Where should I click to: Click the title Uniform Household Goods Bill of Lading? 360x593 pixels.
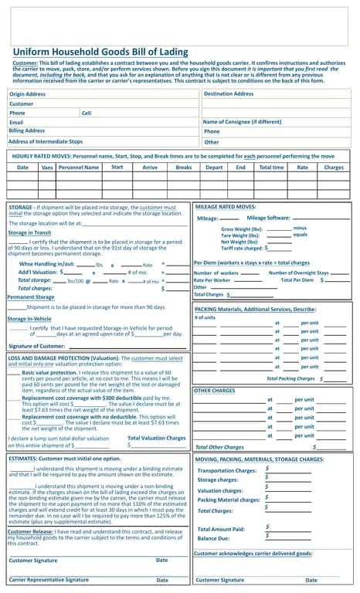point(100,53)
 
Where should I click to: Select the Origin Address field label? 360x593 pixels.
point(28,94)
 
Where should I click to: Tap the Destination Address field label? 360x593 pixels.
point(229,94)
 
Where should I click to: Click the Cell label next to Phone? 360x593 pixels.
point(87,113)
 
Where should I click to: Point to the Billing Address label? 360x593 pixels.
point(27,131)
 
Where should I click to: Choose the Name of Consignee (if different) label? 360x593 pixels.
point(242,122)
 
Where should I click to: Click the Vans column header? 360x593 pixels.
point(47,167)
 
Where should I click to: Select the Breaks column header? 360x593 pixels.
point(184,167)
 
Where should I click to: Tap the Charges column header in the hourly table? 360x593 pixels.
point(334,167)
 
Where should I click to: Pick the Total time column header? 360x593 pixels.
point(271,167)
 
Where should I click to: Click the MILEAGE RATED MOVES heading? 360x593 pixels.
point(226,207)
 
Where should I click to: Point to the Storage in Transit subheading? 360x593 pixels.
point(29,232)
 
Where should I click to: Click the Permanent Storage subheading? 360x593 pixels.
point(31,296)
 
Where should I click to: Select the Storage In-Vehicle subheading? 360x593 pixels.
point(29,318)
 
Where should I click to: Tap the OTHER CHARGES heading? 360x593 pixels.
point(215,391)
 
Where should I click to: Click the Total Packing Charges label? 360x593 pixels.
point(290,379)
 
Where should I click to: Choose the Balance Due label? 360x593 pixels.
point(213,538)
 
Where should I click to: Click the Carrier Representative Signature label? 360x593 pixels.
point(49,579)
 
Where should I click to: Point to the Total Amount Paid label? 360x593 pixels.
point(221,528)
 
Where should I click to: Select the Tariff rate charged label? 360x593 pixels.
point(242,249)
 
